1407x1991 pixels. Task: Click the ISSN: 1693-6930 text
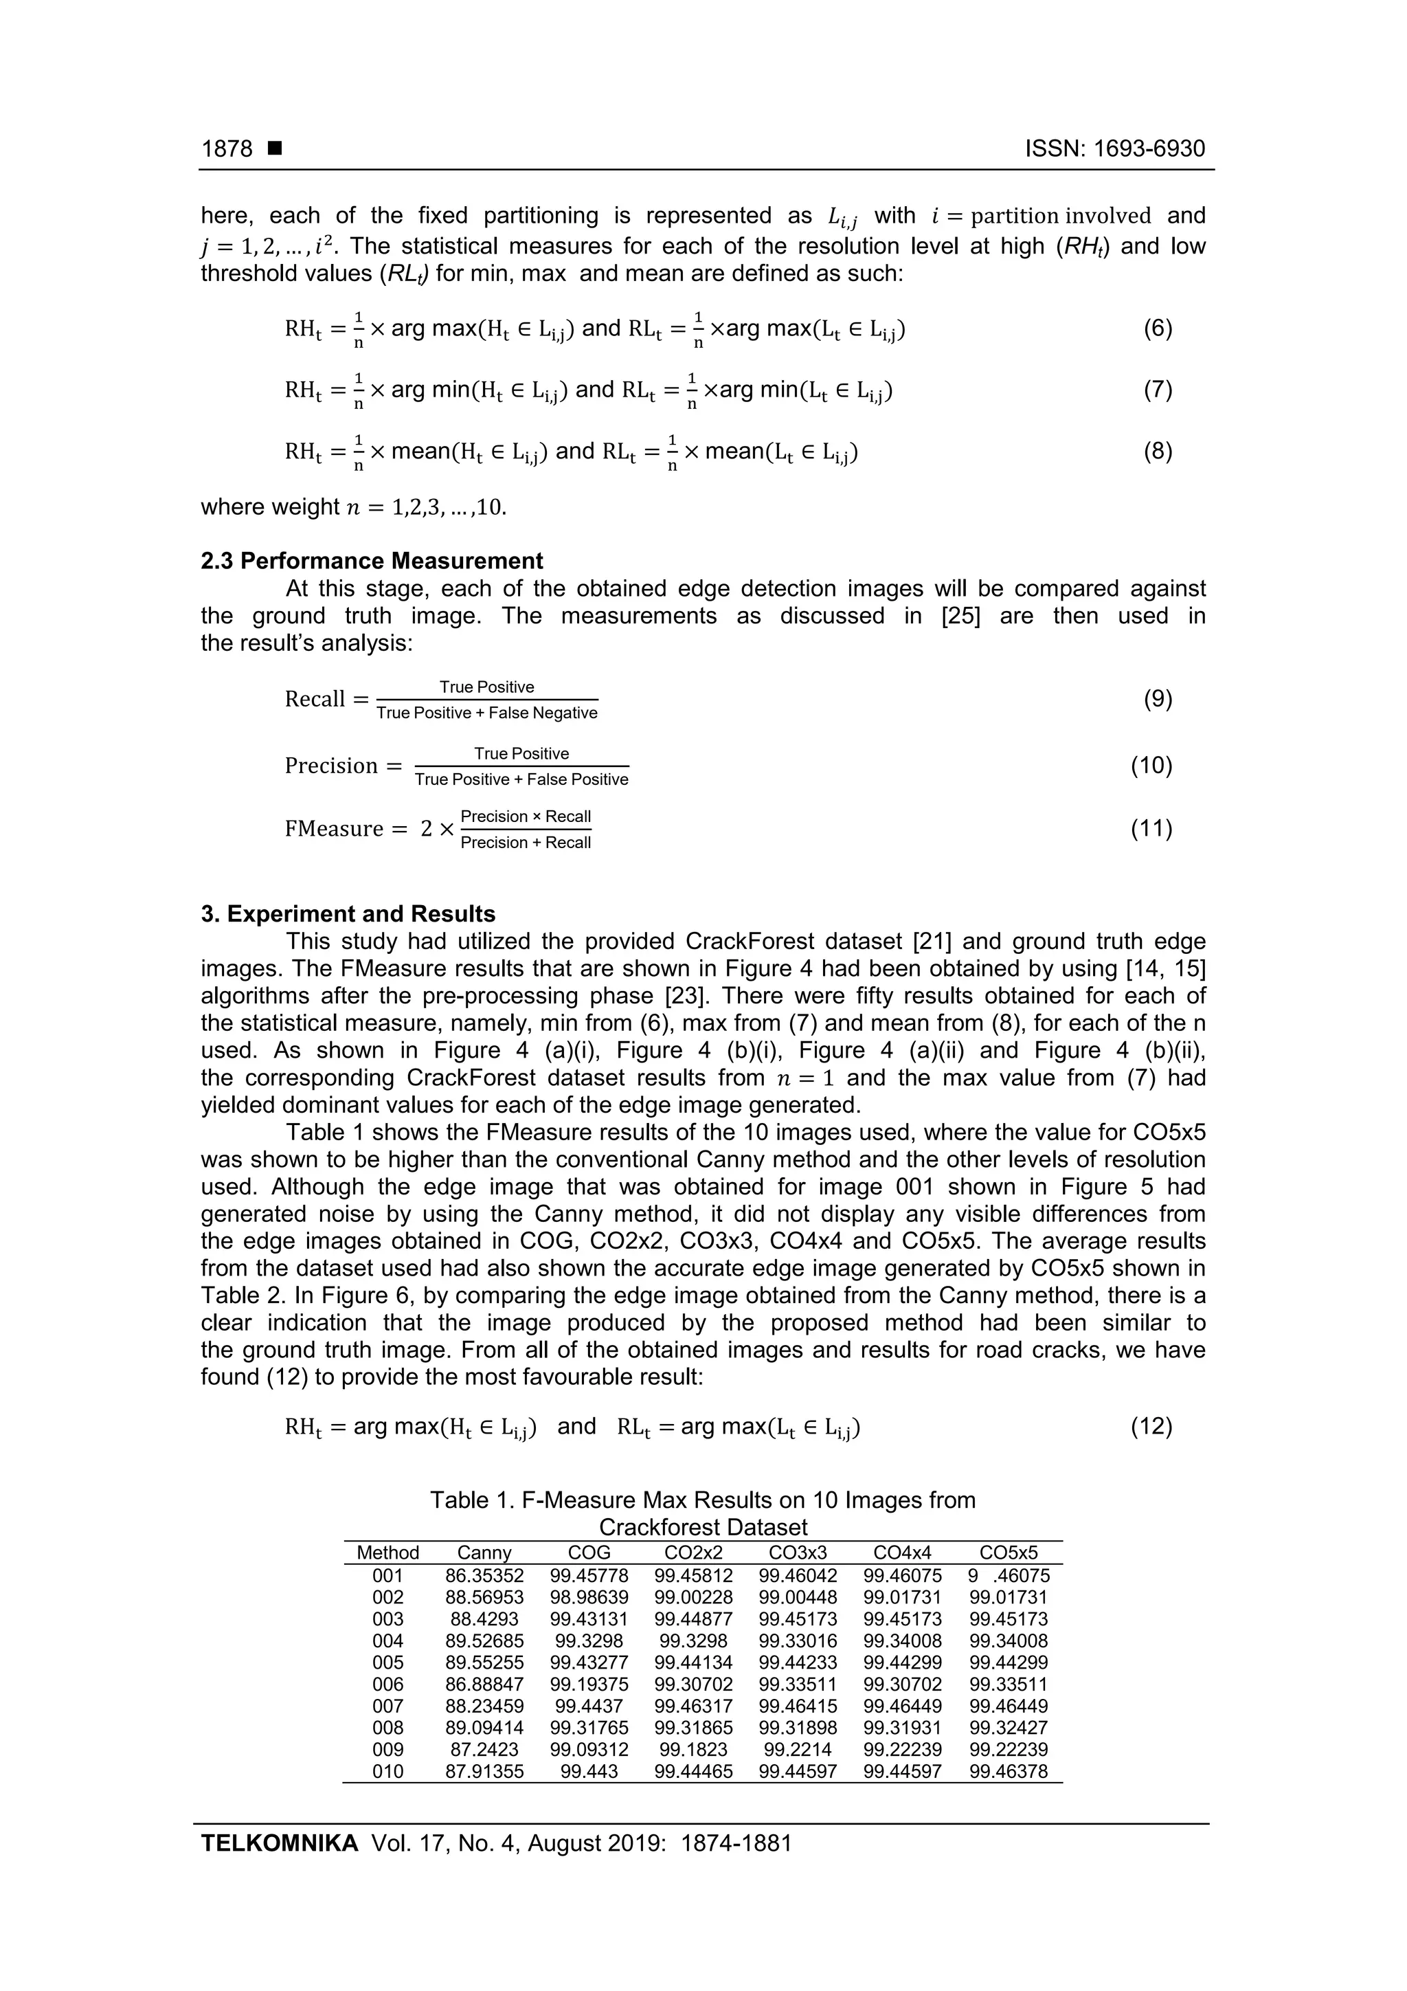point(1115,149)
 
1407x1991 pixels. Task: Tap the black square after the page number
point(275,149)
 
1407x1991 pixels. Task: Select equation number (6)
point(1158,329)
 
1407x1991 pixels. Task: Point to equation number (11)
point(1151,829)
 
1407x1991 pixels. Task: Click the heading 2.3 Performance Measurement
point(372,561)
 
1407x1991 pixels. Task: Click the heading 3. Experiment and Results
point(348,914)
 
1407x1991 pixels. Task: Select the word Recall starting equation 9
point(315,700)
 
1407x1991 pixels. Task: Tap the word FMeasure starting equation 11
point(334,829)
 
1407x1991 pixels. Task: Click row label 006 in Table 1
point(387,1684)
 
